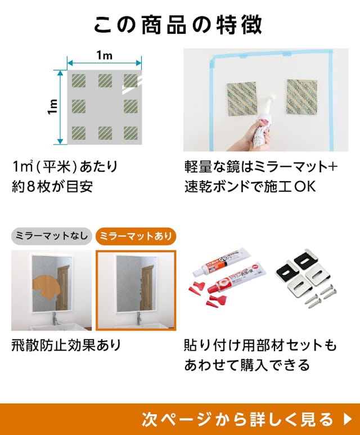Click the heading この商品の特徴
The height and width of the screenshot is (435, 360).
click(x=178, y=25)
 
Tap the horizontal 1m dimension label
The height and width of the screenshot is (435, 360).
click(x=104, y=56)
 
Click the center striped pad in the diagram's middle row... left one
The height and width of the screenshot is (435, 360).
click(x=79, y=106)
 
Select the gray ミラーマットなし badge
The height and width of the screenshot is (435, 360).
click(x=52, y=236)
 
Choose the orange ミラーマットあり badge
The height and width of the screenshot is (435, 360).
click(x=136, y=236)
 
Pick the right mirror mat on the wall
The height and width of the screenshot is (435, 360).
click(x=302, y=97)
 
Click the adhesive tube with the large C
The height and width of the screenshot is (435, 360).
click(x=237, y=278)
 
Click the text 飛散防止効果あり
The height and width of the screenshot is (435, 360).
click(x=66, y=345)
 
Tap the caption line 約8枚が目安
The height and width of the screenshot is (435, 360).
click(x=52, y=186)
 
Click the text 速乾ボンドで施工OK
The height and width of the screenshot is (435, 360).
click(x=250, y=186)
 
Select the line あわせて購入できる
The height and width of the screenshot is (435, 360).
click(x=247, y=365)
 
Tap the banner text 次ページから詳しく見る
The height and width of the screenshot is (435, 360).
click(x=237, y=419)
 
